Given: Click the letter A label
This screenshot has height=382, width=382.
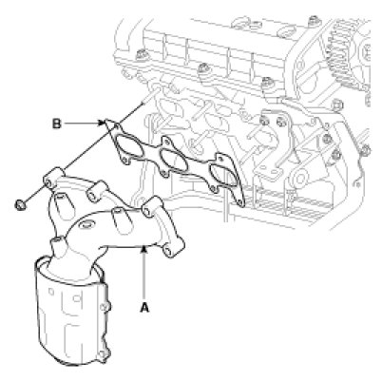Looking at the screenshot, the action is pos(144,307).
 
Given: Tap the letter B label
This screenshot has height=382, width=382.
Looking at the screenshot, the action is pos(56,124).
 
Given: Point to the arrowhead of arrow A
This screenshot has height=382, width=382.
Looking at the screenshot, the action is pos(144,249).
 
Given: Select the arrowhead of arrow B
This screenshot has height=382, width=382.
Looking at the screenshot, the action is pos(102,123).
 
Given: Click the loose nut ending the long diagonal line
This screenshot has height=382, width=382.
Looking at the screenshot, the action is pos(21,204).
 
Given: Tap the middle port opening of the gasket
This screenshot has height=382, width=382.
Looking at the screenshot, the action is pos(173,160).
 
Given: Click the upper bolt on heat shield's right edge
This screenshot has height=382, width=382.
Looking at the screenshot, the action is pos(105,307).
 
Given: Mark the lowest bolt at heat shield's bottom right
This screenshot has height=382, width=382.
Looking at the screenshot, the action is pos(103,355).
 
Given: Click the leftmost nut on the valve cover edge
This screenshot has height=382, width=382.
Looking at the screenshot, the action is pos(141,56).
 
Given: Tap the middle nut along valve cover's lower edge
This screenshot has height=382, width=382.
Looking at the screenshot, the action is pos(202,68).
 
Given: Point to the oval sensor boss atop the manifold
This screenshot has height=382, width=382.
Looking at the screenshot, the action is pos(86,226).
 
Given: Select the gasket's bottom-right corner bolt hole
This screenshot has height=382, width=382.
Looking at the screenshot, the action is pos(241,201).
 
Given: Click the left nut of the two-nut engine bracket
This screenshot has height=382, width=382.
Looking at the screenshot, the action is pos(263,121).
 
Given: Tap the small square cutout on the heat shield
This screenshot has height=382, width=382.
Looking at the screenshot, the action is pos(76,298).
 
